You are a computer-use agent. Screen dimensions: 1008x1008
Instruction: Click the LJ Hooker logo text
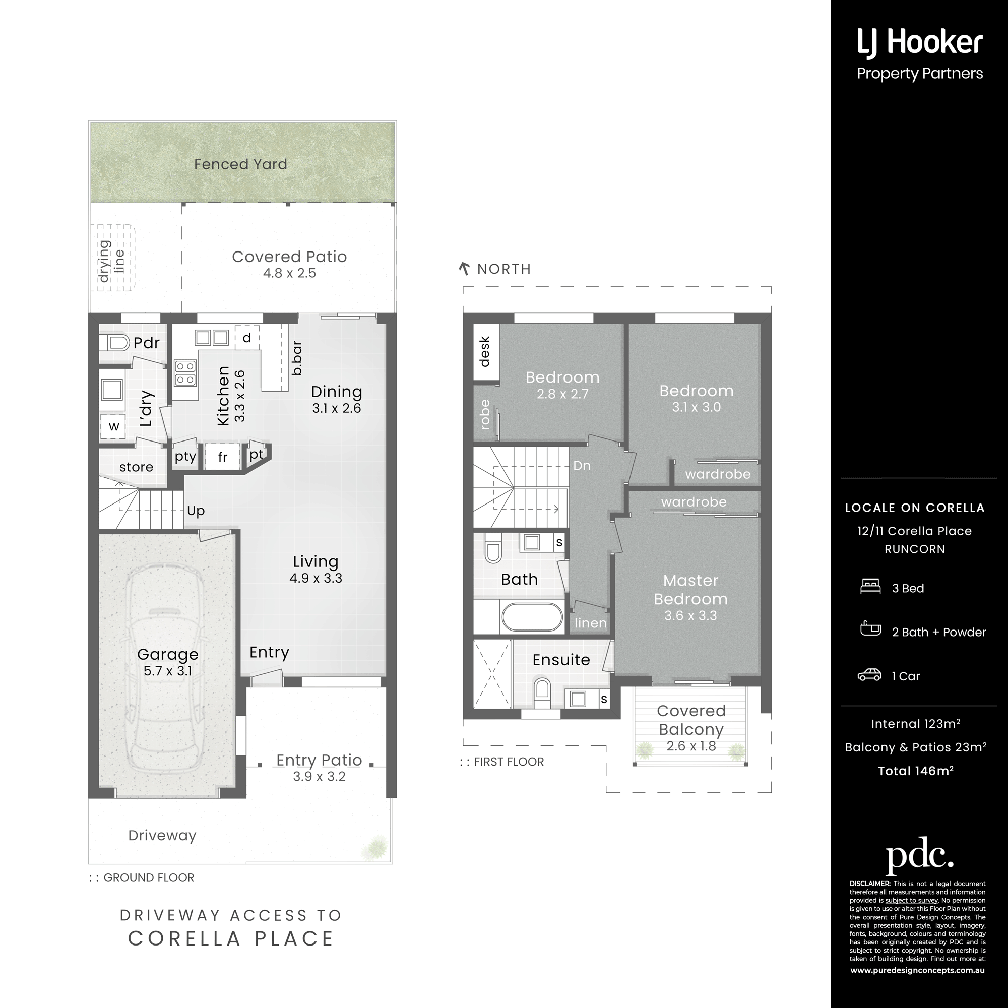(x=920, y=43)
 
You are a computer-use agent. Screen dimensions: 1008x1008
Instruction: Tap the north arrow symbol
(x=464, y=269)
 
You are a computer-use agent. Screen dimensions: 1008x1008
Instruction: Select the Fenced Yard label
(x=240, y=164)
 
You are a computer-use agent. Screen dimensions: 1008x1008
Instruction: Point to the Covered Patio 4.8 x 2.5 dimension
(x=290, y=273)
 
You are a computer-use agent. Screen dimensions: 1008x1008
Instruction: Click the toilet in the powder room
(x=118, y=343)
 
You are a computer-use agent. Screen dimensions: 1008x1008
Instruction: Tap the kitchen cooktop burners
(x=184, y=372)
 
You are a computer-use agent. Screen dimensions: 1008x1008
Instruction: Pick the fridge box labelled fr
(x=222, y=457)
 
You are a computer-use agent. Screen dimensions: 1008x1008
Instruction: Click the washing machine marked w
(x=113, y=426)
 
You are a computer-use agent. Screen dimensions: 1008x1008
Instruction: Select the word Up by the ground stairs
(x=196, y=511)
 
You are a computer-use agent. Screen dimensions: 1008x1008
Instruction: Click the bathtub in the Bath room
(x=532, y=618)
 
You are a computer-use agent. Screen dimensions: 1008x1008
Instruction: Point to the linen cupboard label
(x=591, y=623)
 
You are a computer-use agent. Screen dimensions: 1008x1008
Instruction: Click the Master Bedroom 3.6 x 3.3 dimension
(x=691, y=616)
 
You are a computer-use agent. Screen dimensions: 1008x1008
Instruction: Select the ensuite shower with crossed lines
(x=492, y=673)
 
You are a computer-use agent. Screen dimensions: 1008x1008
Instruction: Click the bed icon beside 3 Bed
(x=870, y=587)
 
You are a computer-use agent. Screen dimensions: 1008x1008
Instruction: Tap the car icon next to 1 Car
(x=869, y=675)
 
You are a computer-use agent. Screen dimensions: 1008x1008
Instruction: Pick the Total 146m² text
(x=916, y=771)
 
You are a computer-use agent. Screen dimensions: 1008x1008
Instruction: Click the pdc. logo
(x=919, y=854)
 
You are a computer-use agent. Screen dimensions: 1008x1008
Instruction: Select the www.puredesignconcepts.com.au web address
(x=917, y=970)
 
